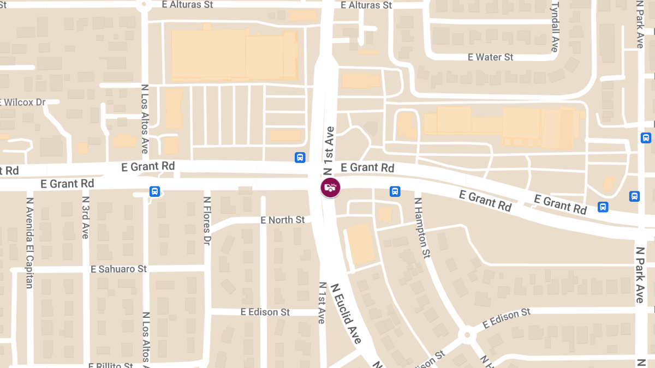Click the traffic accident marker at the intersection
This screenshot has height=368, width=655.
click(x=330, y=188)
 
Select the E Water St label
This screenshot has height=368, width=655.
click(x=490, y=57)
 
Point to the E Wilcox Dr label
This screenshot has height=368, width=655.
click(x=22, y=102)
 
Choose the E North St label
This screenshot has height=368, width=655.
click(x=283, y=220)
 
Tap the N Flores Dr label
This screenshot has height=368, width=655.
click(x=207, y=221)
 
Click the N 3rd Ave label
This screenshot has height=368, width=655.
click(x=85, y=218)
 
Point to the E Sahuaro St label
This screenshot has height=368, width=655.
click(x=119, y=269)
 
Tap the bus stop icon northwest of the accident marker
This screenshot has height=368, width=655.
click(x=300, y=158)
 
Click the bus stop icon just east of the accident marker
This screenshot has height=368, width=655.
click(x=395, y=191)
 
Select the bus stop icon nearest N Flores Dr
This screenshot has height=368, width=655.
click(x=155, y=191)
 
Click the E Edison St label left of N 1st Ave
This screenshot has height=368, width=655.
click(x=265, y=312)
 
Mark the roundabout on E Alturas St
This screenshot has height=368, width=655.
click(x=144, y=5)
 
